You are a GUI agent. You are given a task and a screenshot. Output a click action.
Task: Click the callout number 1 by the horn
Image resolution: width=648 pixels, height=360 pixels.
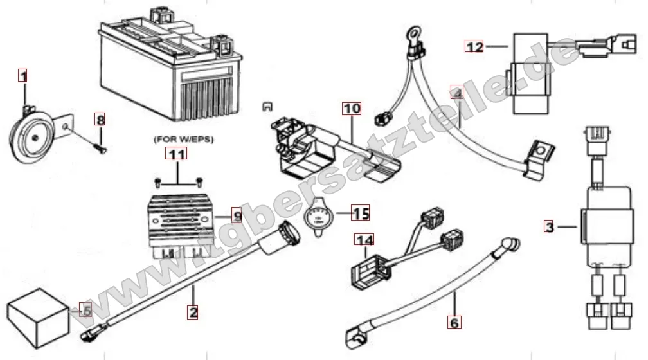click(23, 76)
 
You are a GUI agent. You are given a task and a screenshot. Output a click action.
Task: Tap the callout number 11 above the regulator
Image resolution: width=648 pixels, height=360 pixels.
click(177, 154)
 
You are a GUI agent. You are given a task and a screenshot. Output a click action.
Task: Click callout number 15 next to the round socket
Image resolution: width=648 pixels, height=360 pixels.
click(361, 213)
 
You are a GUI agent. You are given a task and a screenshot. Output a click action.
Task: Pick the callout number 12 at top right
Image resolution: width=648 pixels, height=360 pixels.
click(474, 46)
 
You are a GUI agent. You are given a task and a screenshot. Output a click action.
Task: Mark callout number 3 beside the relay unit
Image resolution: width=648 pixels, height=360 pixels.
click(548, 226)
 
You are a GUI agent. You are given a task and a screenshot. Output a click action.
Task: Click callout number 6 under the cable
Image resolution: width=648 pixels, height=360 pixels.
click(454, 323)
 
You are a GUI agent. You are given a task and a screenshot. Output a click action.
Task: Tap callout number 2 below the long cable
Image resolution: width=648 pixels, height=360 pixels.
click(192, 313)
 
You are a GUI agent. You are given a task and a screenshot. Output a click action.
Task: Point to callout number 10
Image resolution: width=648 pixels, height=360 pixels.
click(352, 109)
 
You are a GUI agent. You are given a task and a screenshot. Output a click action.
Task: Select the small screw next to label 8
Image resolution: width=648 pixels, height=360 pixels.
click(100, 145)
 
